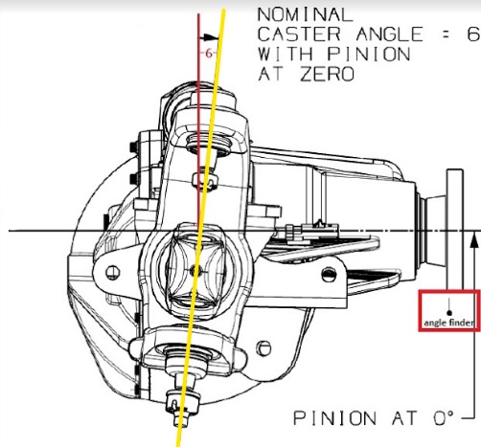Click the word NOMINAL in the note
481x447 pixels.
305,14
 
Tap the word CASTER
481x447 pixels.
299,34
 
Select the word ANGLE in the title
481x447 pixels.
390,34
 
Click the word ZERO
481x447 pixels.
328,74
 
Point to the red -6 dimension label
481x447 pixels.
208,54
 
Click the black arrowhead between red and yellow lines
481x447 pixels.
210,37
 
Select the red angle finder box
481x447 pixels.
449,311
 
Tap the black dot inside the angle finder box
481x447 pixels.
449,313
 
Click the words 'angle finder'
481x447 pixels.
448,323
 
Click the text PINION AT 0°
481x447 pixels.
373,418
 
